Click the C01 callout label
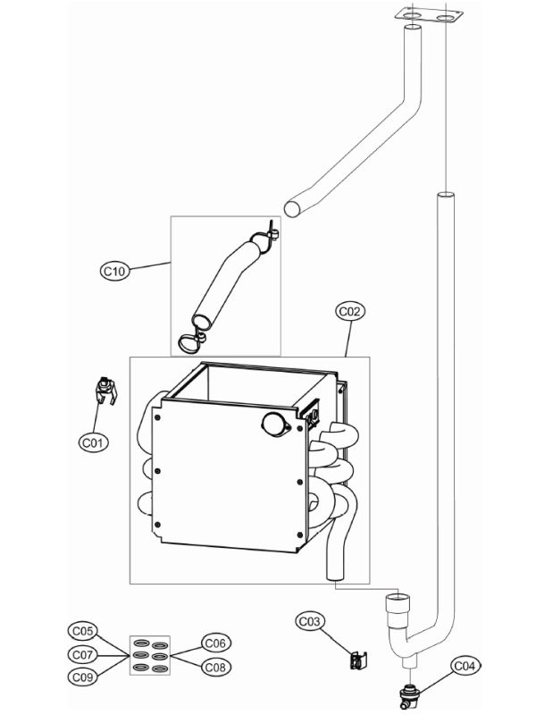pyautogui.click(x=94, y=442)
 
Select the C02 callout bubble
pyautogui.click(x=349, y=312)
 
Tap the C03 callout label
pyautogui.click(x=309, y=620)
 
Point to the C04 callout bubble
pyautogui.click(x=464, y=666)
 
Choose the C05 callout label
pyautogui.click(x=83, y=631)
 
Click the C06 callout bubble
pyautogui.click(x=215, y=643)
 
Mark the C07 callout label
pyautogui.click(x=83, y=654)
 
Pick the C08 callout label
pyautogui.click(x=215, y=666)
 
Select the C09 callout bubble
pyautogui.click(x=83, y=677)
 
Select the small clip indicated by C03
pyautogui.click(x=358, y=661)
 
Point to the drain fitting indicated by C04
pyautogui.click(x=410, y=694)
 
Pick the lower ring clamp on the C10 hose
pyautogui.click(x=190, y=340)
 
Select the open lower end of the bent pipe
pyautogui.click(x=292, y=207)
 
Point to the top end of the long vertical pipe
pyautogui.click(x=443, y=195)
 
